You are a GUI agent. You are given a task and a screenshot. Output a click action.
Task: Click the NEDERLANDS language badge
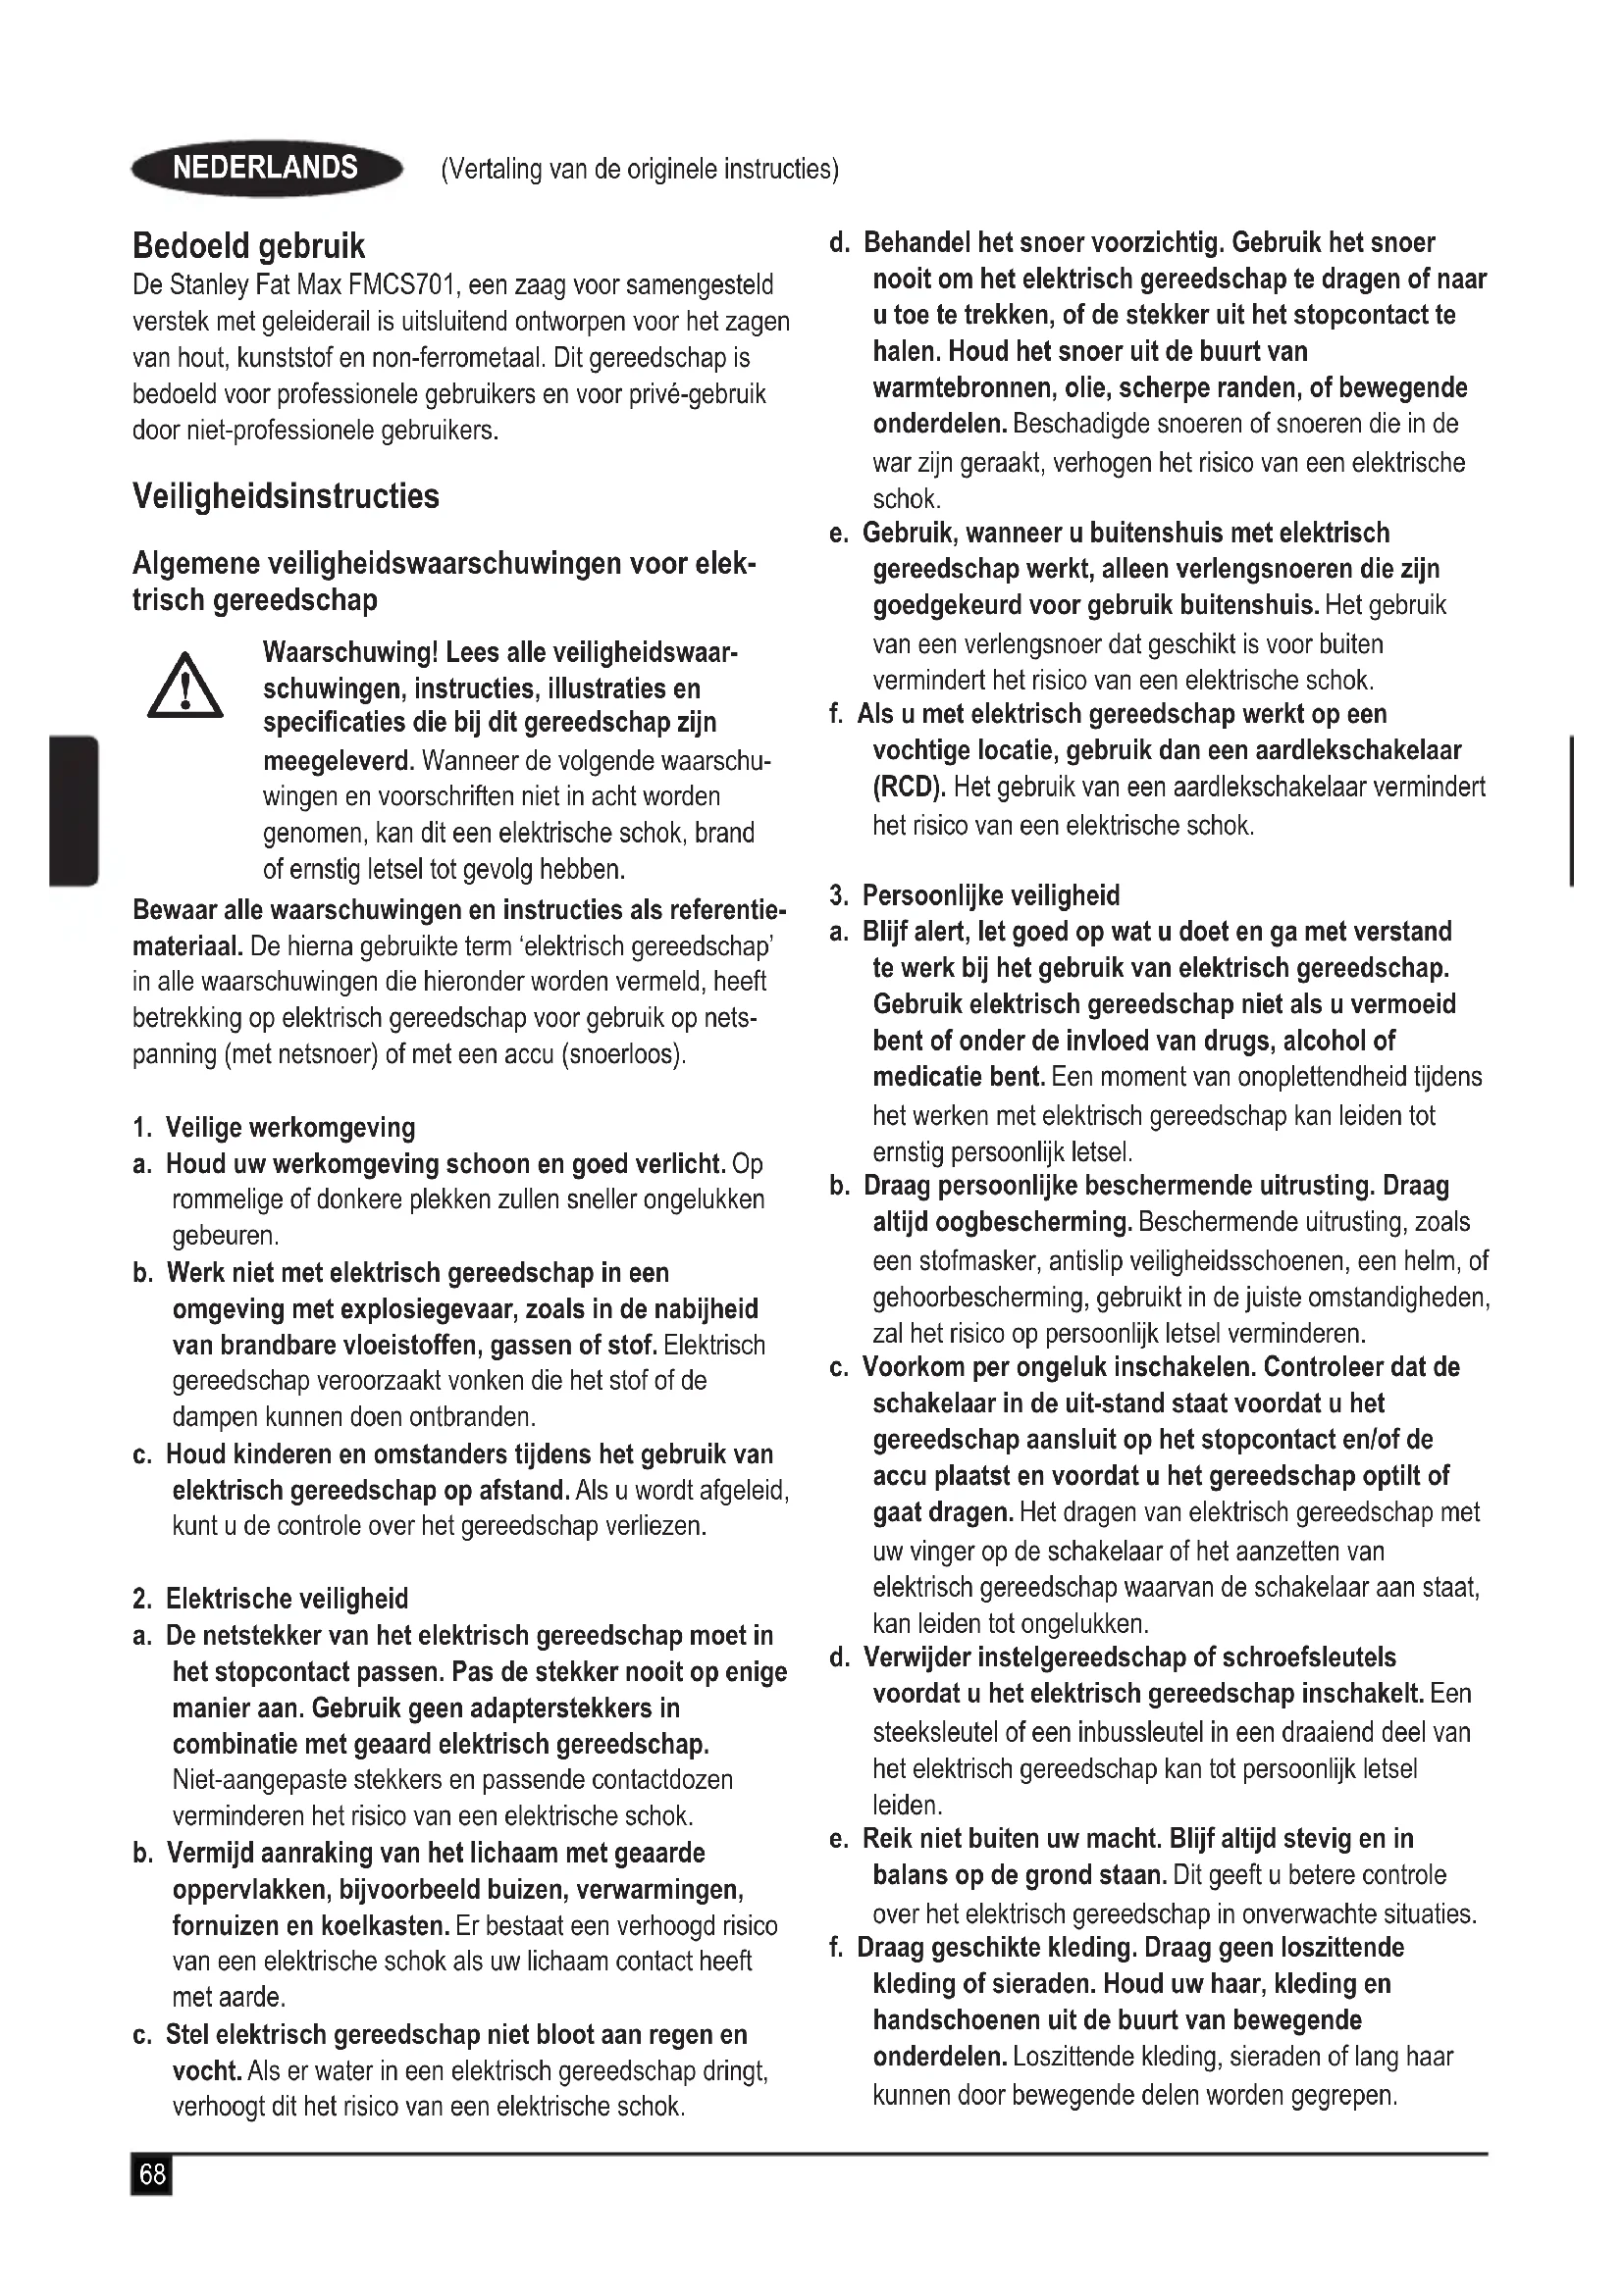[266, 168]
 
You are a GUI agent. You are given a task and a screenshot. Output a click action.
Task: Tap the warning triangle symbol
[184, 686]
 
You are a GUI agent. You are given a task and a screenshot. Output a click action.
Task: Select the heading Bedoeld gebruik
[249, 246]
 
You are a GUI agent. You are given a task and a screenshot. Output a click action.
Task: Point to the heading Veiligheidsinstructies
[286, 496]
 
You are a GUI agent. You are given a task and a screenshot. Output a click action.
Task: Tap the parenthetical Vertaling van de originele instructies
[640, 169]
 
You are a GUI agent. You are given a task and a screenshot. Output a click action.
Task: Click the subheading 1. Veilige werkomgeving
[274, 1127]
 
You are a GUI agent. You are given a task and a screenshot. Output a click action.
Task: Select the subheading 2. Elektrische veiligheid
[270, 1599]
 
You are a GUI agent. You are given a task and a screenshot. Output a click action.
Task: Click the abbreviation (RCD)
[909, 788]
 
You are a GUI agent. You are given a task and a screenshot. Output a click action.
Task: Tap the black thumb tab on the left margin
[73, 810]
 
